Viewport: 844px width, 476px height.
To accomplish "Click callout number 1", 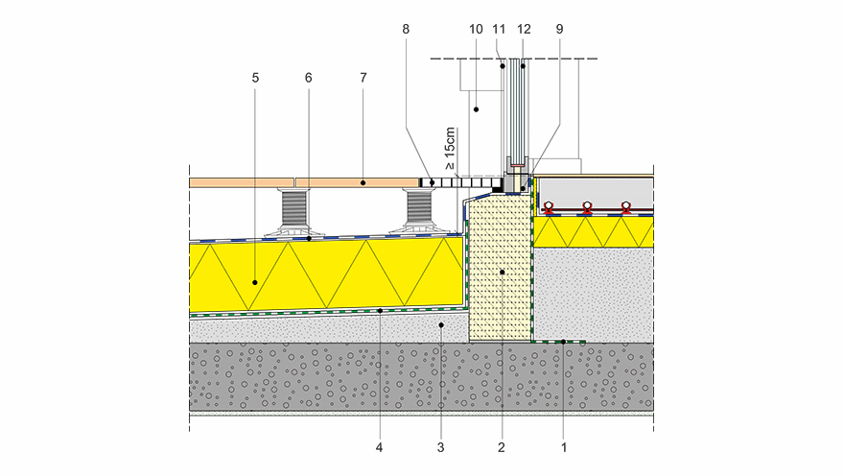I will tap(564, 447).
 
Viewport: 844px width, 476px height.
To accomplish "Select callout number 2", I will tap(502, 447).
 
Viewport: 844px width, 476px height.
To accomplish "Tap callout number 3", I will tap(440, 447).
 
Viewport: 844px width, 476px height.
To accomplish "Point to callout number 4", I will tap(380, 447).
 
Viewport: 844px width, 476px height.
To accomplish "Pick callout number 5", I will tap(255, 78).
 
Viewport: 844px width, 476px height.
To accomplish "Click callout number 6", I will tap(309, 78).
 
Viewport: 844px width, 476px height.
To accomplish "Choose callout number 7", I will tap(363, 78).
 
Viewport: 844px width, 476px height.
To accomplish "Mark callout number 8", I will tap(406, 30).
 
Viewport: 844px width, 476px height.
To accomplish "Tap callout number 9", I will tap(559, 30).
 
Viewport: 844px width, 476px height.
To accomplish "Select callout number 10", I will tap(475, 30).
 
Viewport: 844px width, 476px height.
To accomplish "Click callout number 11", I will tap(500, 30).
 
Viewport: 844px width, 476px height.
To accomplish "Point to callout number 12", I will tap(523, 30).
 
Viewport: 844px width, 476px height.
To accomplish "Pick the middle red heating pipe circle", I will tap(587, 206).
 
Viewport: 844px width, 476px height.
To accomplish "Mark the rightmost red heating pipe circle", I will tap(625, 206).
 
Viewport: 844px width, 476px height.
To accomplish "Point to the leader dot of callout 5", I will tap(255, 282).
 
